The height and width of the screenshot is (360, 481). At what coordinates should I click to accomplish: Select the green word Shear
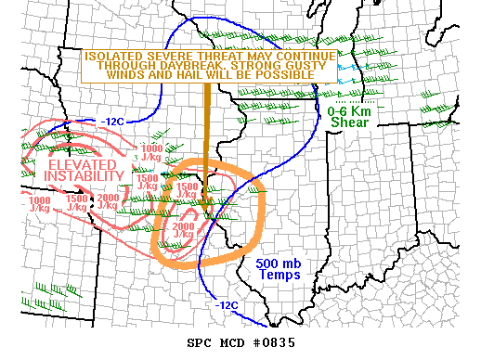point(348,123)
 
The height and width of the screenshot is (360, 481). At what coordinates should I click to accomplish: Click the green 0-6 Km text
point(348,111)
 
